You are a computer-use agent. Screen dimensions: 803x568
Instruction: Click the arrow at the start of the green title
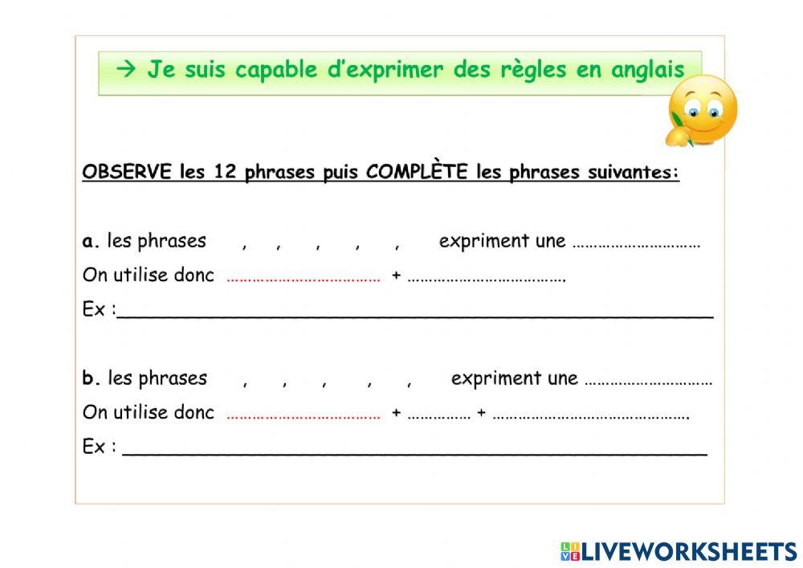(126, 69)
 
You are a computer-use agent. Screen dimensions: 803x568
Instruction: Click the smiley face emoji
(702, 111)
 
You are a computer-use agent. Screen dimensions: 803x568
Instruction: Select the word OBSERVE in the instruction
(127, 172)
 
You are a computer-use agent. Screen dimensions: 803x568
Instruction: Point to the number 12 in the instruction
(225, 172)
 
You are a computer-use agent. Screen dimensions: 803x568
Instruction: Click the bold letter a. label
(91, 241)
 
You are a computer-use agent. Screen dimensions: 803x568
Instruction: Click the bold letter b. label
(91, 378)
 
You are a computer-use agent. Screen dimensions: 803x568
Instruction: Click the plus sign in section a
(396, 276)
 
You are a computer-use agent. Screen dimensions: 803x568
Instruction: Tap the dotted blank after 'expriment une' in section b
(648, 383)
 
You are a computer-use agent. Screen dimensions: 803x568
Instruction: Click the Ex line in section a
(415, 317)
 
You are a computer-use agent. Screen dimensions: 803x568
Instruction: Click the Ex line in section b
(415, 454)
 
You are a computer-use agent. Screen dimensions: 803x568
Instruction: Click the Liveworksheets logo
(679, 552)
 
